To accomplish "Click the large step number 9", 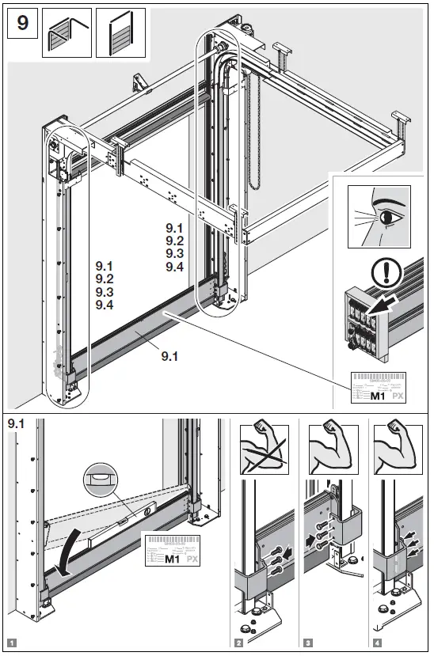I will tap(23, 23).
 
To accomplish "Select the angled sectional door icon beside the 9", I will tap(67, 32).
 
